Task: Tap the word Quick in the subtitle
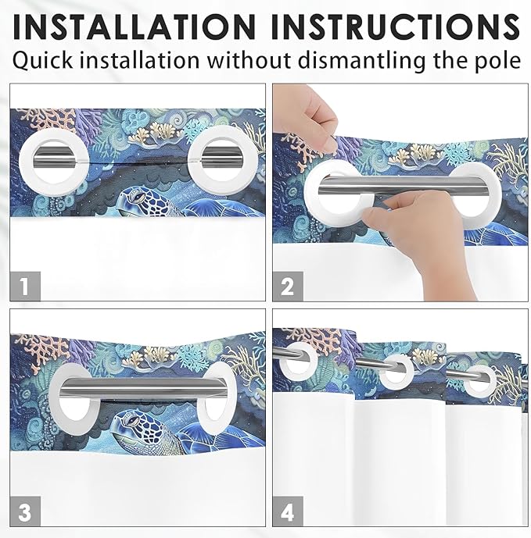coord(49,61)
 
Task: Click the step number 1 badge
coord(25,286)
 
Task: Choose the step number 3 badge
coord(25,511)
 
